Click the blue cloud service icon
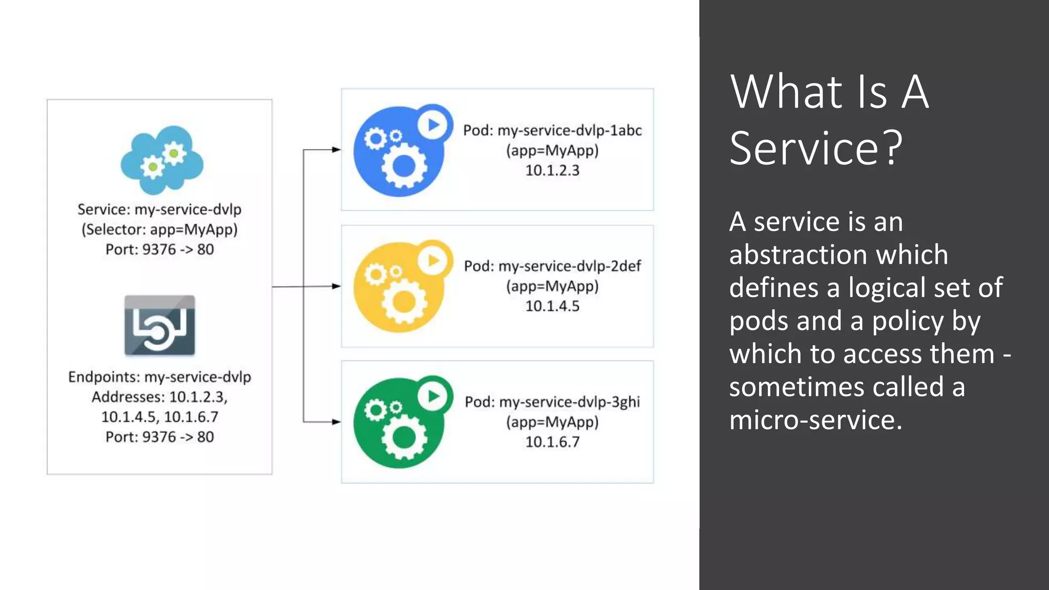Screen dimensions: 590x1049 pyautogui.click(x=162, y=160)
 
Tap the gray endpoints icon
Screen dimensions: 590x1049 pyautogui.click(x=160, y=325)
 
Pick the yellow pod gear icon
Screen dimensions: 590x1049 pyautogui.click(x=400, y=289)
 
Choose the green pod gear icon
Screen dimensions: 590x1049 pyautogui.click(x=400, y=425)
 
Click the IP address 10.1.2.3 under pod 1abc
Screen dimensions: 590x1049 pyautogui.click(x=552, y=171)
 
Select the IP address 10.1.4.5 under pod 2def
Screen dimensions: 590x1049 pyautogui.click(x=552, y=306)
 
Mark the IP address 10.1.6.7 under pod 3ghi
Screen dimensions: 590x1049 pyautogui.click(x=552, y=442)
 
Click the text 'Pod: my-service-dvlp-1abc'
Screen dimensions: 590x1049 pyautogui.click(x=552, y=131)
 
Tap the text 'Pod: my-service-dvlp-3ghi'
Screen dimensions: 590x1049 pyautogui.click(x=552, y=402)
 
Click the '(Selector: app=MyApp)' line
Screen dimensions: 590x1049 pyautogui.click(x=160, y=229)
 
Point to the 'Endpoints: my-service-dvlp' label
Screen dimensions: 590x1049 pyautogui.click(x=160, y=377)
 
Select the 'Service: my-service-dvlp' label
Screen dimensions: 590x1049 pyautogui.click(x=160, y=209)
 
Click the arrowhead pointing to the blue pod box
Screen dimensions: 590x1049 pyautogui.click(x=337, y=150)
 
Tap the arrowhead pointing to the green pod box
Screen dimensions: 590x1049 pyautogui.click(x=337, y=422)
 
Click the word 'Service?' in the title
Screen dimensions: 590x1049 pyautogui.click(x=815, y=148)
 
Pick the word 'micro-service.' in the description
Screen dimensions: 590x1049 pyautogui.click(x=815, y=420)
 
